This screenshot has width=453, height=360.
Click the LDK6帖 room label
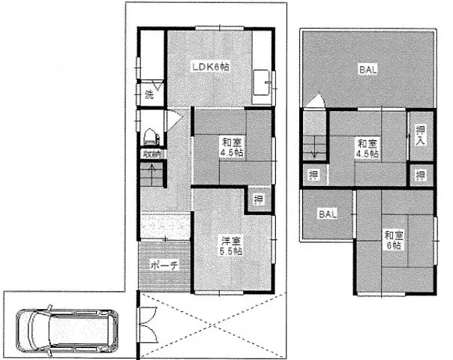[x=210, y=67]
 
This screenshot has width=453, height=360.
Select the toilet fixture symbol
[x=149, y=136]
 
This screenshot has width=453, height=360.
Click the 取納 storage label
[x=150, y=154]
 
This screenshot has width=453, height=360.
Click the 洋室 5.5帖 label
[x=231, y=246]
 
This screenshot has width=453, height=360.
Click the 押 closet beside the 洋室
[x=258, y=199]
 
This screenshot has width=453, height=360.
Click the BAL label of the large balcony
[x=367, y=70]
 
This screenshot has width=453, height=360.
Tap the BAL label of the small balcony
[x=326, y=214]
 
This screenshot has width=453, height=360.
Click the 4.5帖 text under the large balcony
[x=367, y=154]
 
